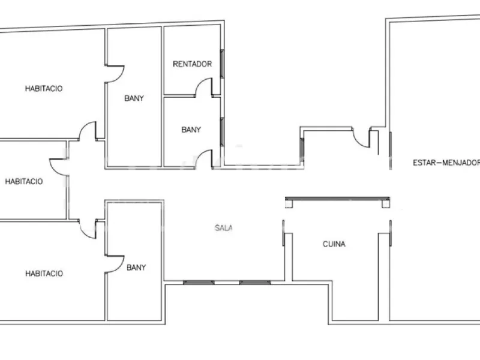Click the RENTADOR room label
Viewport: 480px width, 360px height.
(x=192, y=64)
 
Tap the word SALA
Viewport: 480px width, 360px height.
(x=223, y=228)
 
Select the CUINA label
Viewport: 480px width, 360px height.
(x=334, y=244)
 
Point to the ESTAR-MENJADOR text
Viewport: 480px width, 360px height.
(x=446, y=163)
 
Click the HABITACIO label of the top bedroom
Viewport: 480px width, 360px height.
(x=44, y=88)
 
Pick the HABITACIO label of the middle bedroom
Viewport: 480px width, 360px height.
(x=24, y=182)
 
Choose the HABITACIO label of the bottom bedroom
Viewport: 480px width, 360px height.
(x=44, y=274)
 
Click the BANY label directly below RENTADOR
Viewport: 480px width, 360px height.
(x=191, y=130)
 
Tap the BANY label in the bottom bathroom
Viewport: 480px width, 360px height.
(x=136, y=268)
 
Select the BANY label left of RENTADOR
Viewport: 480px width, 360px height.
(x=134, y=98)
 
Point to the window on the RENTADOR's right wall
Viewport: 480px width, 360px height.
(x=222, y=64)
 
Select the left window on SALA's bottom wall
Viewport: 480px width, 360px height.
(x=199, y=283)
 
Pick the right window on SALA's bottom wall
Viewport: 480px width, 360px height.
(x=255, y=283)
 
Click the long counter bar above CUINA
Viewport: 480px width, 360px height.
(x=337, y=199)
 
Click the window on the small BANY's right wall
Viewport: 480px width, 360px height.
(x=222, y=132)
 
